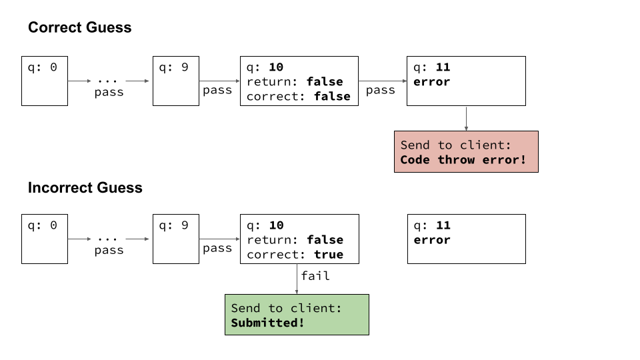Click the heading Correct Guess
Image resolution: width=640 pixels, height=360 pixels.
[x=79, y=27]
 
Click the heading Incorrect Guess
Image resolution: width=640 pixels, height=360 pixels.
[x=85, y=188]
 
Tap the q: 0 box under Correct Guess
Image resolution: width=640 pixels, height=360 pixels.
[x=45, y=81]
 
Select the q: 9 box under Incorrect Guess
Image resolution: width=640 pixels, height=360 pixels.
[x=176, y=239]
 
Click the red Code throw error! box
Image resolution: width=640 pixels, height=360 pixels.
[x=466, y=152]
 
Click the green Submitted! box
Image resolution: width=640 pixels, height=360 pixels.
[x=297, y=315]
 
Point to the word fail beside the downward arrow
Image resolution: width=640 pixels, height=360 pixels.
[x=315, y=276]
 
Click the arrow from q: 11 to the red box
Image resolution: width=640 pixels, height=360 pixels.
[x=466, y=119]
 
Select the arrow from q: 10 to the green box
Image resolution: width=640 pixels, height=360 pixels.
[x=297, y=279]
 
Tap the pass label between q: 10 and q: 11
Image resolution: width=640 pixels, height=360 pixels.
[x=381, y=90]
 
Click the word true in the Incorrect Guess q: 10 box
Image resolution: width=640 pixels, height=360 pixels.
[x=329, y=254]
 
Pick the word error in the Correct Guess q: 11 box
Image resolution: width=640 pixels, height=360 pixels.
[x=431, y=81]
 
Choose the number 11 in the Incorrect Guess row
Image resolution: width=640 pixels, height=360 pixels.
[x=443, y=225]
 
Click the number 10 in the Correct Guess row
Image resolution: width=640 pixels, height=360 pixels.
[x=276, y=67]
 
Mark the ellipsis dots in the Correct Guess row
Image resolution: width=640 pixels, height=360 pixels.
[x=107, y=81]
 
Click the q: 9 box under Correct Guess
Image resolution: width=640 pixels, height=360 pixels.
[x=176, y=81]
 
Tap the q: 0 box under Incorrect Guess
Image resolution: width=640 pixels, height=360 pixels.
[x=45, y=239]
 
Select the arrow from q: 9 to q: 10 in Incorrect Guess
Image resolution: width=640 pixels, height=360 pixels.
[x=219, y=239]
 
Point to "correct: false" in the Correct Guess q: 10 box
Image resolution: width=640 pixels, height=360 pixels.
[x=299, y=96]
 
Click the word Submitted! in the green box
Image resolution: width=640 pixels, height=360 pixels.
[x=267, y=323]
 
